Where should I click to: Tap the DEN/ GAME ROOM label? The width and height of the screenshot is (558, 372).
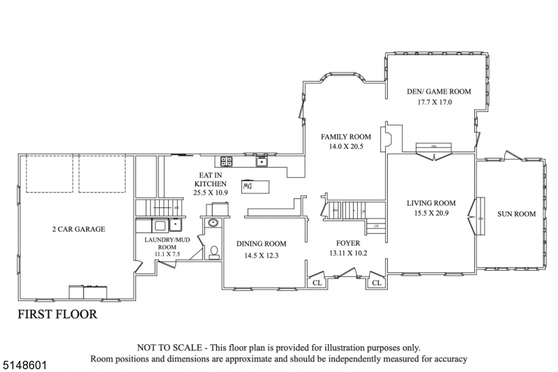point(439,91)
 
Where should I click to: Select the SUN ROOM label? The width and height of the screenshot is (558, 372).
point(516,214)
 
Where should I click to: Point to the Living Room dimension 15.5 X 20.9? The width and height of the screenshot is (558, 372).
point(431,214)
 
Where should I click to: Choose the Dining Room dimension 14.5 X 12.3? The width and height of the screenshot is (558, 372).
point(261,255)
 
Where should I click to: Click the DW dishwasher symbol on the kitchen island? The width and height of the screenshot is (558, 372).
point(248,186)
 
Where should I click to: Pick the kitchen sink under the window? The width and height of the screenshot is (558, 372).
point(263,163)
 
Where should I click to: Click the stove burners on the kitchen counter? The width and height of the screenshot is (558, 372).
point(226,161)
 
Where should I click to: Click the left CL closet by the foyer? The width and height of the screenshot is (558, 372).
point(316,283)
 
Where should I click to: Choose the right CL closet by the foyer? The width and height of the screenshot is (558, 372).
point(376,283)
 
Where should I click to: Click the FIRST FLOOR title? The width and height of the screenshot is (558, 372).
point(57,314)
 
